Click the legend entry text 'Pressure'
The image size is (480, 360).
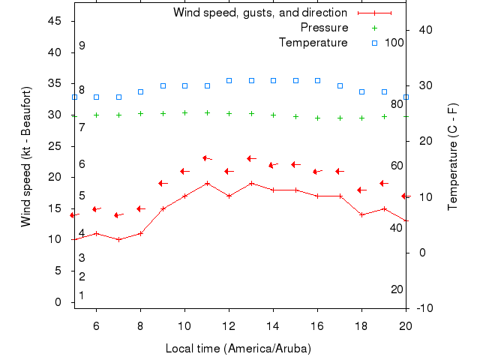pos(324,28)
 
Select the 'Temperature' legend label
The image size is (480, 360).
pos(313,43)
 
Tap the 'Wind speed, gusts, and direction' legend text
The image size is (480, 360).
pos(259,13)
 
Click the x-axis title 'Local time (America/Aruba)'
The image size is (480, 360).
pos(238,349)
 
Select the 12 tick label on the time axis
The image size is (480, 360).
pos(229,325)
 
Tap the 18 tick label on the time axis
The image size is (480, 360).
pos(361,325)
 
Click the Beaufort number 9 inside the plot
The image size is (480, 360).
pos(82,46)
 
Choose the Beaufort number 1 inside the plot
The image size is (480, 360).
pos(82,295)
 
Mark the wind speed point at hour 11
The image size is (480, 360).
pos(207,183)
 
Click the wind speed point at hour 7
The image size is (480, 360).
pos(118,239)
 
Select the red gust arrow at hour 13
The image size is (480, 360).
pos(251,158)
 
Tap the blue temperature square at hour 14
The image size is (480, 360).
pos(273,80)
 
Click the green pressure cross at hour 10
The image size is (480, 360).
pos(184,112)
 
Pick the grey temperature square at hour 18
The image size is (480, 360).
pos(361,91)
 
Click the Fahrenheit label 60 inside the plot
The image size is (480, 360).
pos(397,166)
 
